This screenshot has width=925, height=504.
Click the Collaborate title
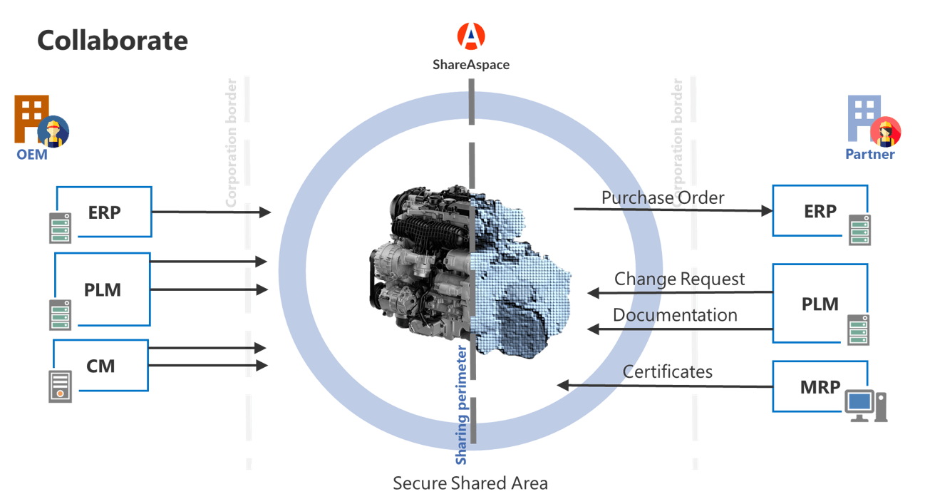pyautogui.click(x=113, y=41)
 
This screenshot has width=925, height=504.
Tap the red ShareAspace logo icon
pyautogui.click(x=471, y=36)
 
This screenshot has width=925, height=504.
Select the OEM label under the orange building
pyautogui.click(x=32, y=155)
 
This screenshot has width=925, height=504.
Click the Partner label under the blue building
pyautogui.click(x=869, y=154)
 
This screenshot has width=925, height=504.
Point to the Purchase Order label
pyautogui.click(x=663, y=198)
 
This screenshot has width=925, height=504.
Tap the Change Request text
pyautogui.click(x=679, y=279)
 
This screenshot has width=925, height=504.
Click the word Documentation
pyautogui.click(x=675, y=315)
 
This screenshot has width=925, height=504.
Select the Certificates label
pyautogui.click(x=667, y=372)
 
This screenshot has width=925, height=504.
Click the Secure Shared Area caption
pyautogui.click(x=470, y=483)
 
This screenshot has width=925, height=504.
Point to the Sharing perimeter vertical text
pyautogui.click(x=461, y=405)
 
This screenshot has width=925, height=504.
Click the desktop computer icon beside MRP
pyautogui.click(x=866, y=406)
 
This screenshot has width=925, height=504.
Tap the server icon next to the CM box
pyautogui.click(x=61, y=386)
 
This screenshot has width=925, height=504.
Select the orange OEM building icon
pyautogui.click(x=31, y=118)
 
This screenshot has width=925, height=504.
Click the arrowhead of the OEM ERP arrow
pyautogui.click(x=265, y=212)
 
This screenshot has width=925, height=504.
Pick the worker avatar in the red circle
pyautogui.click(x=885, y=132)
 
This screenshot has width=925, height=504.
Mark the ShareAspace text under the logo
pyautogui.click(x=471, y=65)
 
